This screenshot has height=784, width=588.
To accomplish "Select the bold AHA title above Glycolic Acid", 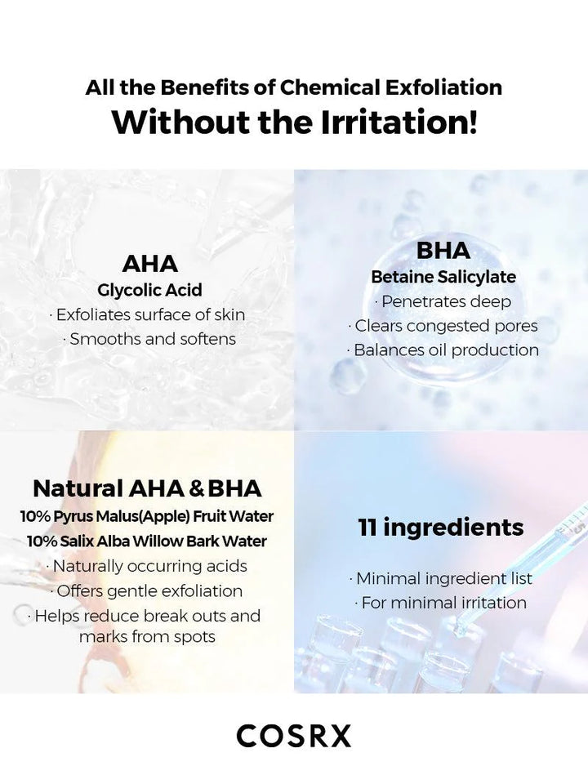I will coord(149,264).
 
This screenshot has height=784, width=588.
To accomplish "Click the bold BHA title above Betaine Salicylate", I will coord(443,250).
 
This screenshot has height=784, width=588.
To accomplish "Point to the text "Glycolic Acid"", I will coord(149,290).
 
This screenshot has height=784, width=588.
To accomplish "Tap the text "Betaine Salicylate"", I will coord(443,277).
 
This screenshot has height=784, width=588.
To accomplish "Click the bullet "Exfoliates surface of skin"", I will coord(147,314).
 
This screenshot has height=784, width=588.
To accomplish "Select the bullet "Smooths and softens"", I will coord(149,339).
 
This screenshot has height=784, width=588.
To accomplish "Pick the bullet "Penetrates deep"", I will coord(443,301).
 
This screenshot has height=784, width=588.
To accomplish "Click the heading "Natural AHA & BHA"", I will coord(147,488).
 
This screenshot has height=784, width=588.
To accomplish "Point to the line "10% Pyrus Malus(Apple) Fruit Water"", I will coord(147,516).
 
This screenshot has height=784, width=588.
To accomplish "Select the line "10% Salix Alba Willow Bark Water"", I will coord(147,541).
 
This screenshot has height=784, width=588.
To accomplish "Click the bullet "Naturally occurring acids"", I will coord(147,566).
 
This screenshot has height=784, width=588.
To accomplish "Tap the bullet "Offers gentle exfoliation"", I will coord(147,590).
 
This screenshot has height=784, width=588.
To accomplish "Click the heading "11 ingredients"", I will coord(441,527).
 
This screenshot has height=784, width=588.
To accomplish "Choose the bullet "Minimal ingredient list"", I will coord(441,578).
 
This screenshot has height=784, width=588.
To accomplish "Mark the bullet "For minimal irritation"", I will coord(441,603).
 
